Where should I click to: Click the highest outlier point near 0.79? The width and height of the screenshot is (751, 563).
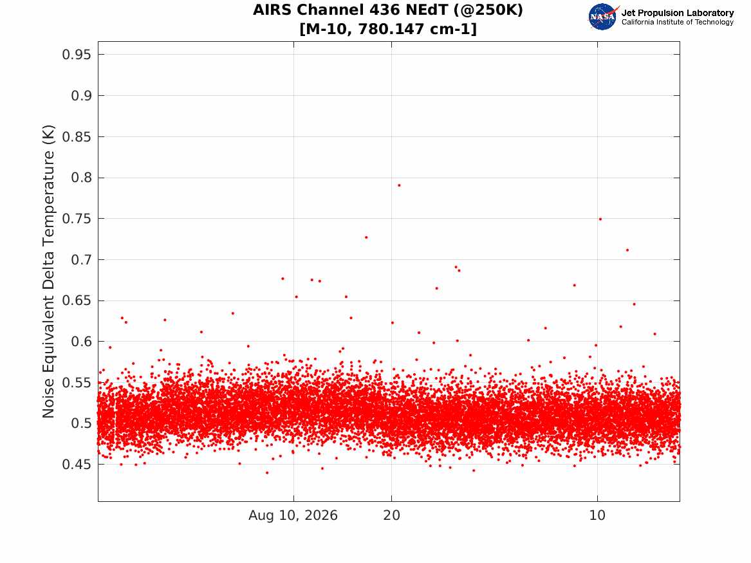[399, 185]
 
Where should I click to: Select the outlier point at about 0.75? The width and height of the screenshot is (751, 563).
[600, 219]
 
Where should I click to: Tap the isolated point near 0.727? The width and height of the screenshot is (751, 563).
[366, 237]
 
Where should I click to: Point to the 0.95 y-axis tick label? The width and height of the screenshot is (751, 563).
[76, 55]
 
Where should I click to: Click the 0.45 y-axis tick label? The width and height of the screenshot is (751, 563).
[76, 465]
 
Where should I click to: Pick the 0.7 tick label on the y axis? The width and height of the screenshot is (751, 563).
[81, 260]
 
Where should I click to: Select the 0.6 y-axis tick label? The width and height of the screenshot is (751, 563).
[81, 342]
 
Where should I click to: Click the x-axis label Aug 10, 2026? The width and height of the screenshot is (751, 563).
[293, 515]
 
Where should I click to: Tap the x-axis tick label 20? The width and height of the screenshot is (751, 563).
[392, 515]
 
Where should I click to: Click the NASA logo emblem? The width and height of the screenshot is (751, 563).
[603, 17]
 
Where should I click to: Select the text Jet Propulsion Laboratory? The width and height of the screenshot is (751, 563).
[677, 13]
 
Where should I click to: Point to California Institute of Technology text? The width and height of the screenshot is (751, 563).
[677, 22]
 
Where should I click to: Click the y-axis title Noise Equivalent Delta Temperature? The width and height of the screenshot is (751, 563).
[48, 272]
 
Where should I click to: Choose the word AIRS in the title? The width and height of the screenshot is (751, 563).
[271, 10]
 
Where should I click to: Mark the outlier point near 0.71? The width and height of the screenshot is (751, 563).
[627, 250]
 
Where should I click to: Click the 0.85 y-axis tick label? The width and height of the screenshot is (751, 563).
[76, 137]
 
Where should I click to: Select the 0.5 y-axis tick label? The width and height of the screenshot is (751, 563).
[81, 423]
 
